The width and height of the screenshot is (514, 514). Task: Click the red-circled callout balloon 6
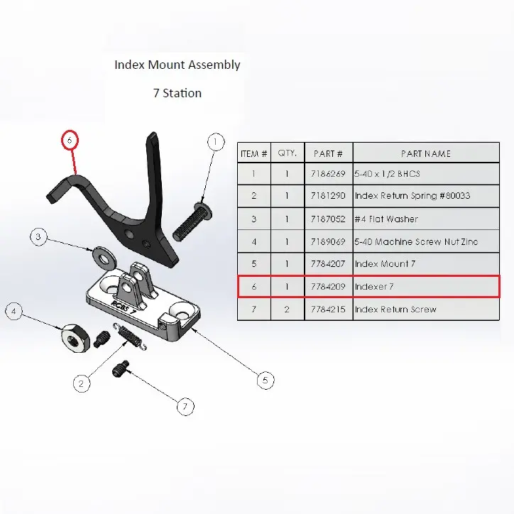70,141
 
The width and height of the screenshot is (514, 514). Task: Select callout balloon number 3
40,236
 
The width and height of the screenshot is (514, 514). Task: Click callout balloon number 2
82,383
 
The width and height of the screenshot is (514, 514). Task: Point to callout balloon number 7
185,407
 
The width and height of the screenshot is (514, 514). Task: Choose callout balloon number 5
265,381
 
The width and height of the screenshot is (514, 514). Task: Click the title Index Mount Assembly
177,65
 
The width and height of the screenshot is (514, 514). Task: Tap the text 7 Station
177,93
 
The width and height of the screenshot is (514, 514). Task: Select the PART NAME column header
425,153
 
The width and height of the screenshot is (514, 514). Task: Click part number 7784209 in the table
328,287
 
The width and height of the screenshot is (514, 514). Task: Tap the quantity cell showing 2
288,310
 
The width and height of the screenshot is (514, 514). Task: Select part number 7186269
328,174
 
